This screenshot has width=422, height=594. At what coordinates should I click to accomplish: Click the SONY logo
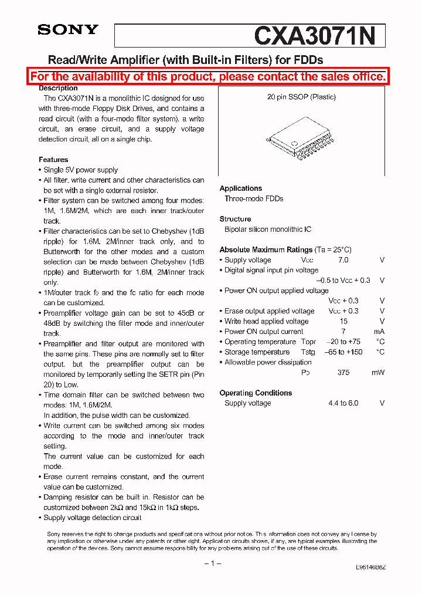(68, 30)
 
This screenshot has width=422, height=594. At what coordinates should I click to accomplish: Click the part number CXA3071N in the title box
(315, 36)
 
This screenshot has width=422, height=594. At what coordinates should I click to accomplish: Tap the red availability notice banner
(208, 76)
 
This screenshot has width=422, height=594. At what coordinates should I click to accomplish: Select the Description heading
(58, 88)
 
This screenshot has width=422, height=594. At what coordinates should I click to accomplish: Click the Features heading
(53, 160)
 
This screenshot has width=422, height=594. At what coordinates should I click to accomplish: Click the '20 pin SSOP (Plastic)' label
(301, 97)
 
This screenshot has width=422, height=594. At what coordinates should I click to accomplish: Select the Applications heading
(240, 188)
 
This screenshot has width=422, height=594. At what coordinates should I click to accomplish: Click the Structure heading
(235, 219)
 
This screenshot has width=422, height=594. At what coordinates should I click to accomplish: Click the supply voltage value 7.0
(343, 260)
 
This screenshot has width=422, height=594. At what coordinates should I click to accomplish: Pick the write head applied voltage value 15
(343, 321)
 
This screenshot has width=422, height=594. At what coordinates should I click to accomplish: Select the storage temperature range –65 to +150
(343, 352)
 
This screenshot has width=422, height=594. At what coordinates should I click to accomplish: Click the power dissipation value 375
(343, 373)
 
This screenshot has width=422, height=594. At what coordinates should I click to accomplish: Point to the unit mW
(378, 373)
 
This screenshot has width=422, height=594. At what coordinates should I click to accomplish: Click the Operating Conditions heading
(256, 393)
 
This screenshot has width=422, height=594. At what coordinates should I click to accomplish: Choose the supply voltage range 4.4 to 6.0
(343, 403)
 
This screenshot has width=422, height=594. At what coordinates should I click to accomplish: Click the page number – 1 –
(212, 563)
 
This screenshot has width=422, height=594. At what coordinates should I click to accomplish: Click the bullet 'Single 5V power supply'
(81, 170)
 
